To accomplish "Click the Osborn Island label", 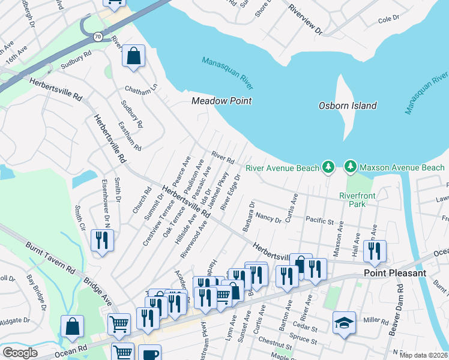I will pos(347,106).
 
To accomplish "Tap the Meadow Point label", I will pos(221,101).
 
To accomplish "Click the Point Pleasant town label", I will pos(395,273).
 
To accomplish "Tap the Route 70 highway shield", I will pos(97,37).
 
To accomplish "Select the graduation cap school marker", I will pos(345,323).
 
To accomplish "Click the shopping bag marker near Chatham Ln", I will pos(133,56).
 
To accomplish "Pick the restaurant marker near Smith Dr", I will pos(101,241).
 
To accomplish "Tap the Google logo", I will pos(20,353).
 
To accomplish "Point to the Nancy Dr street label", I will pos(268,217).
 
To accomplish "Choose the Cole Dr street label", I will pos(388,20).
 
